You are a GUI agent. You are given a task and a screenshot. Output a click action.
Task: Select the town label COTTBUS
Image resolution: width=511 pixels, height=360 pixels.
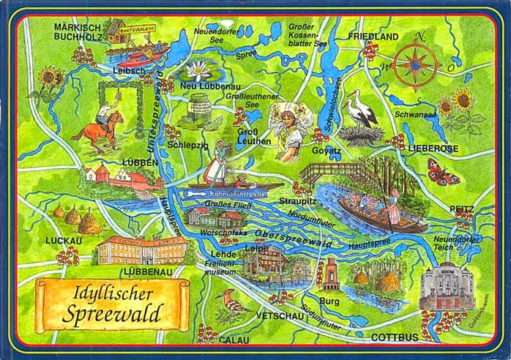click(x=395, y=337)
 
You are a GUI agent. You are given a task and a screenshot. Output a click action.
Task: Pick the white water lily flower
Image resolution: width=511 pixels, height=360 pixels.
click(x=198, y=71)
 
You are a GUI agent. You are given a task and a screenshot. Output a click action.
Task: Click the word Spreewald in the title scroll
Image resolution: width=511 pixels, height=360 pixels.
click(x=113, y=315)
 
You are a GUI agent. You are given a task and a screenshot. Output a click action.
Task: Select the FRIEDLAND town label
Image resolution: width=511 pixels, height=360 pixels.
click(x=373, y=37)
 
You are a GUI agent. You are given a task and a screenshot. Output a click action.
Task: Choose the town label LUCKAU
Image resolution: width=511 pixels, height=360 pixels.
click(x=63, y=239)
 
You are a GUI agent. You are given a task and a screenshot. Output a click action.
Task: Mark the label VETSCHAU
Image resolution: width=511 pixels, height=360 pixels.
click(x=277, y=315)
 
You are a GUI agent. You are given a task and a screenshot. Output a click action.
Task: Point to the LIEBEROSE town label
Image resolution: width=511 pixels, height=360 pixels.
click(x=433, y=149)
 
